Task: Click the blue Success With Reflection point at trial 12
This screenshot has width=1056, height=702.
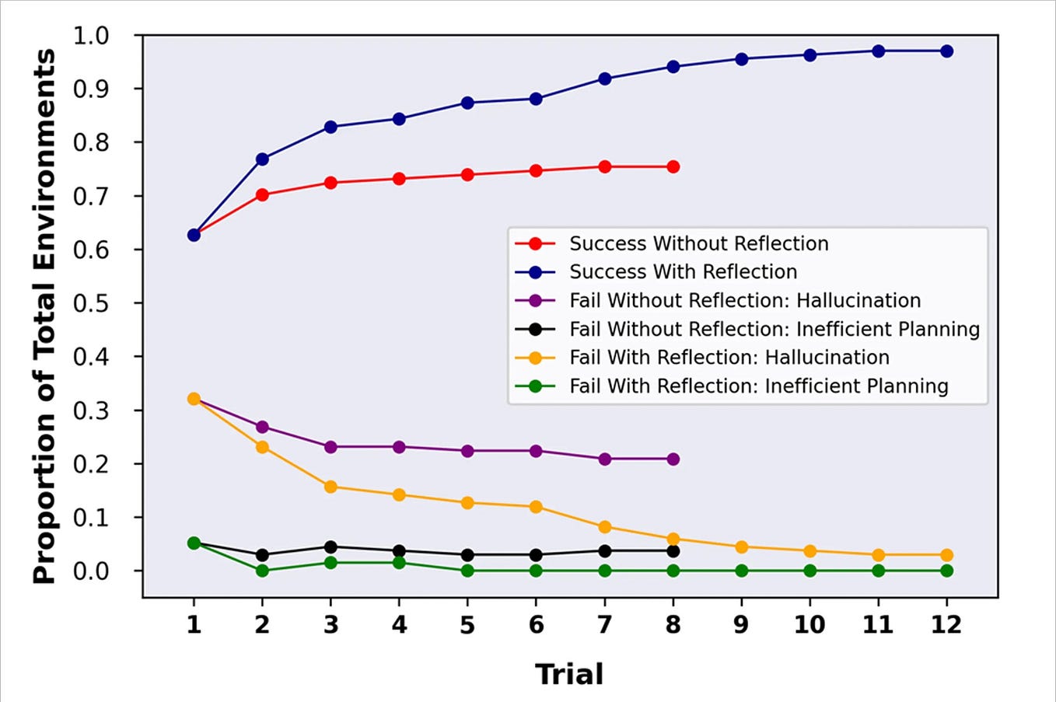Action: click(946, 51)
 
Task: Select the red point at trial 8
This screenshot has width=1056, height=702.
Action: click(673, 167)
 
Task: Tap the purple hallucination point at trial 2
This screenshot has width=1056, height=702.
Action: click(262, 427)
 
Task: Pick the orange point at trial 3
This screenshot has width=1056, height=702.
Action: click(330, 487)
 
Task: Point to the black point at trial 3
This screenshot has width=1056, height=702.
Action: click(330, 547)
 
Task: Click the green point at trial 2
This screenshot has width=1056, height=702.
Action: click(262, 571)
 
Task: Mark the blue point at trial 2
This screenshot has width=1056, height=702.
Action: click(262, 159)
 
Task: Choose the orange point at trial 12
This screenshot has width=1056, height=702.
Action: click(946, 555)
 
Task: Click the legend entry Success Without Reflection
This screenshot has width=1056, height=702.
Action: click(698, 243)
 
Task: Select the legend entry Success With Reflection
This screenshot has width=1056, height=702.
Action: click(683, 272)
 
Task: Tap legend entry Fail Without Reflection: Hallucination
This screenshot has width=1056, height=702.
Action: click(744, 301)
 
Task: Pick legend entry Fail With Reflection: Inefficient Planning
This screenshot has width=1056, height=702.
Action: click(758, 386)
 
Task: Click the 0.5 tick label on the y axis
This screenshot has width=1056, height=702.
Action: click(91, 303)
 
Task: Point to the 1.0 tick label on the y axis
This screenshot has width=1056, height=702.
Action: click(91, 36)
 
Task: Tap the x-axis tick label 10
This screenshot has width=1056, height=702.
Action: click(809, 624)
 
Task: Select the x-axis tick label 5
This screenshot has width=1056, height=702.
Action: click(467, 624)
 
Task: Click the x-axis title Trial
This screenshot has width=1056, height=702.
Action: click(569, 674)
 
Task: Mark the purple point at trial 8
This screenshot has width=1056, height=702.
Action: click(673, 459)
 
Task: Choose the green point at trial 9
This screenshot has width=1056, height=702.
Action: click(741, 571)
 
